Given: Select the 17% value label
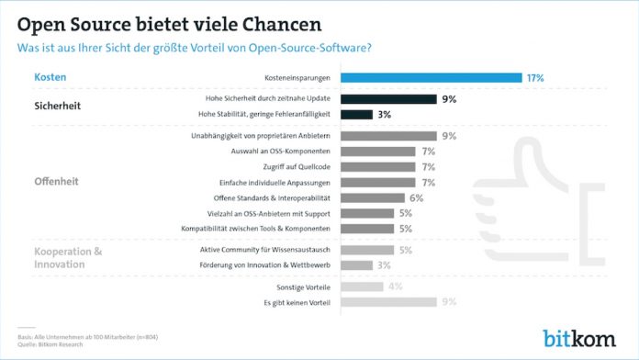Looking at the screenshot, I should click(535, 78).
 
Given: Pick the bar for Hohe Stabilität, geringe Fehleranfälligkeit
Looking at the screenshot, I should click(356, 115).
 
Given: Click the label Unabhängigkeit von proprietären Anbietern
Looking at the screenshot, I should click(264, 135).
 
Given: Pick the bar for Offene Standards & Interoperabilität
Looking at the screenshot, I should click(372, 197).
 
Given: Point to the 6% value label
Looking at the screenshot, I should click(416, 197).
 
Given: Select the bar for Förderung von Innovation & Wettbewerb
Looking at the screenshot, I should click(356, 265).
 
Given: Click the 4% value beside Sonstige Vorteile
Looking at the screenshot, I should click(396, 286).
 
